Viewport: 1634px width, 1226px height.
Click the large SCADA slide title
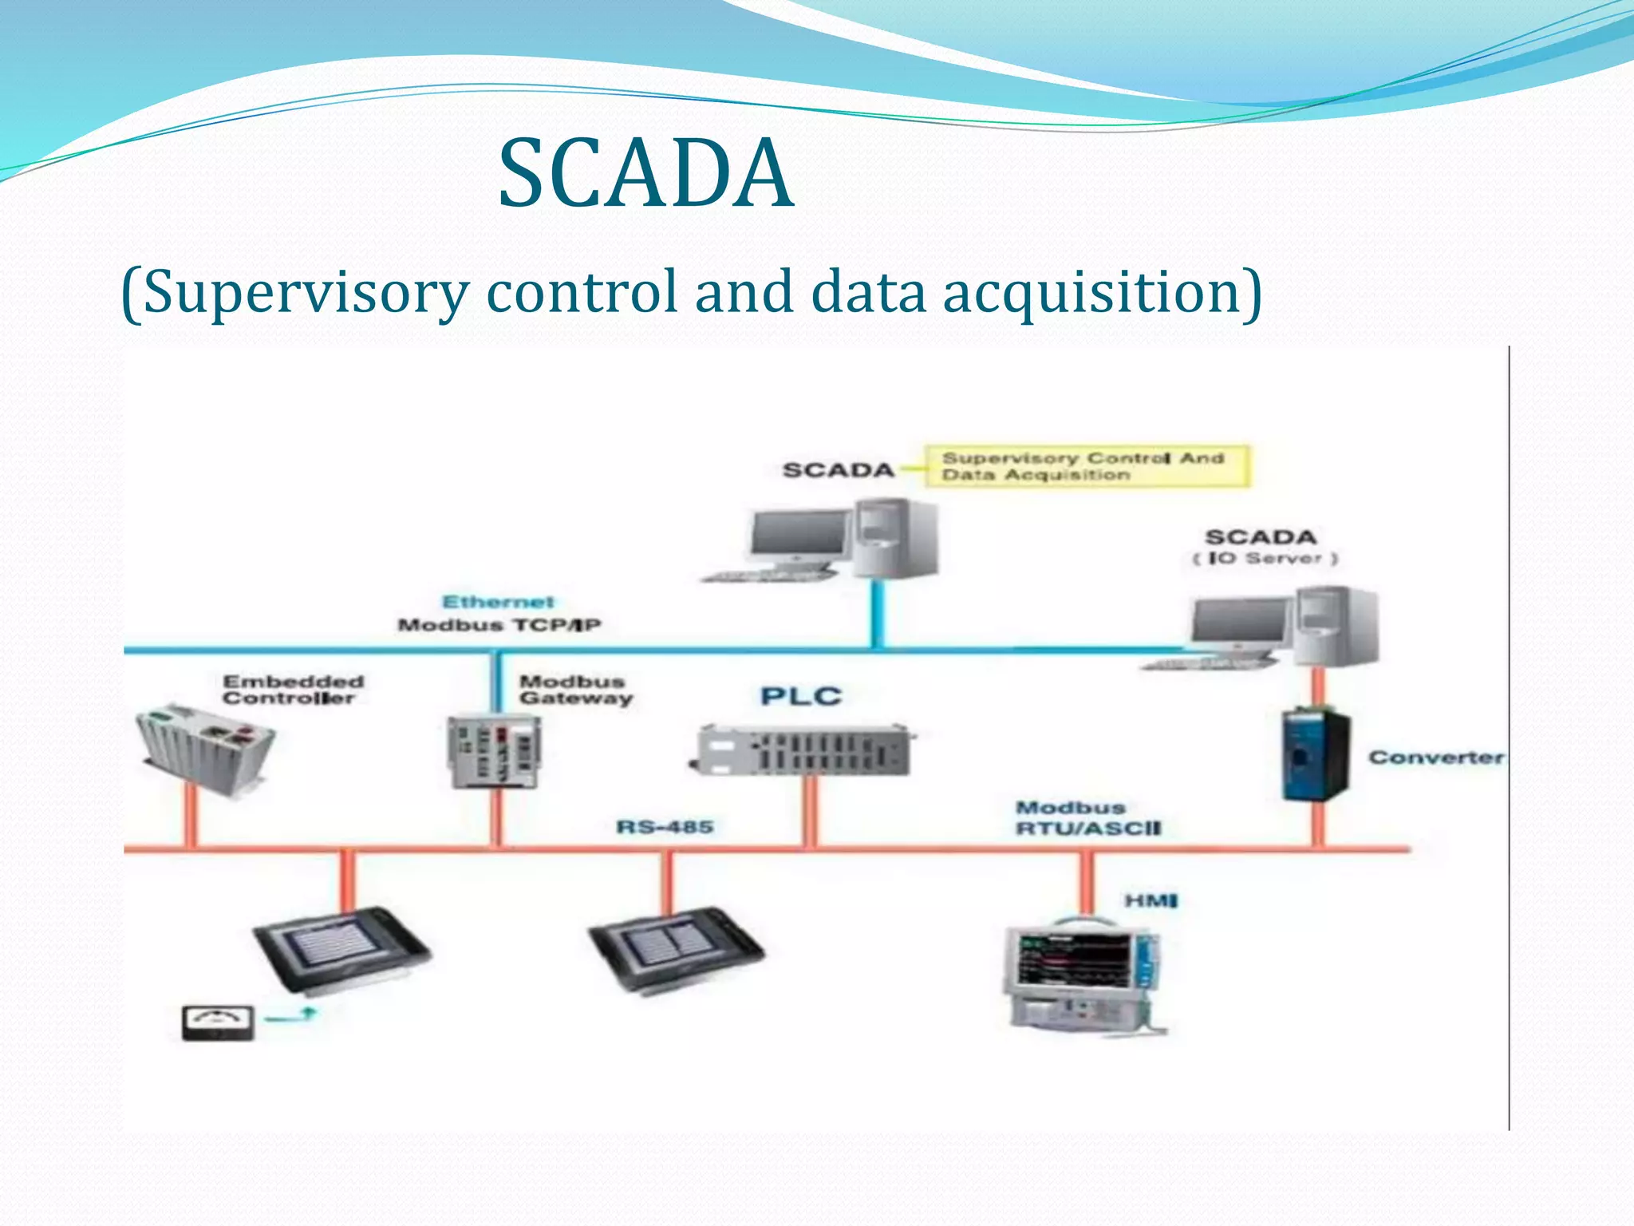point(646,173)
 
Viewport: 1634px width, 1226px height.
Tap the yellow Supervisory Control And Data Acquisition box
point(1086,466)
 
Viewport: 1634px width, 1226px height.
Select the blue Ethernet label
point(498,602)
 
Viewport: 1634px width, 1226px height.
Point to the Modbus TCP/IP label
point(499,625)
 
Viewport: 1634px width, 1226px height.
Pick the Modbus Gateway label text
point(575,690)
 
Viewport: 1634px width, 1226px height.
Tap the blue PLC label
point(801,696)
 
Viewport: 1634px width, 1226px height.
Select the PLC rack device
point(802,750)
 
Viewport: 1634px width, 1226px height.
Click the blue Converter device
point(1316,755)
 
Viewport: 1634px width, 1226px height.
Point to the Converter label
point(1436,757)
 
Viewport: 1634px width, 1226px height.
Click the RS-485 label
point(665,826)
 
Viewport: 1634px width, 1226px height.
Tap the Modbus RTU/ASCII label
point(1087,818)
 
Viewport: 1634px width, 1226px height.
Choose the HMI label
point(1151,901)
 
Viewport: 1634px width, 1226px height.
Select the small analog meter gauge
point(218,1022)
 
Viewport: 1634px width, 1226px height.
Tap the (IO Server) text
point(1265,559)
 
